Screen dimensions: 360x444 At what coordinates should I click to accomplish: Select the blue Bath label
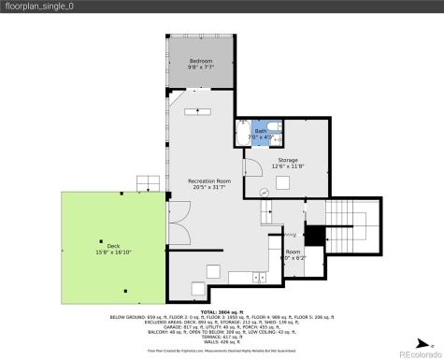pos(261,131)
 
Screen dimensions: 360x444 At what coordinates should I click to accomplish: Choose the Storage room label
pos(287,160)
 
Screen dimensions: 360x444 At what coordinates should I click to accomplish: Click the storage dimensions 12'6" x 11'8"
pos(287,166)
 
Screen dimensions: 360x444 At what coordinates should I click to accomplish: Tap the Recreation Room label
pos(208,179)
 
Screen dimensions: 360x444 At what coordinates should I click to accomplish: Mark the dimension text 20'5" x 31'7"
pos(208,185)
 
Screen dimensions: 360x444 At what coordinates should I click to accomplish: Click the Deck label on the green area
pos(101,246)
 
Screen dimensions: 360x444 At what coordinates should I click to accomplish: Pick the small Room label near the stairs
pos(293,252)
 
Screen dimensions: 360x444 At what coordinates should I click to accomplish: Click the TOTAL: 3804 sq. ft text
pos(222,310)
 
